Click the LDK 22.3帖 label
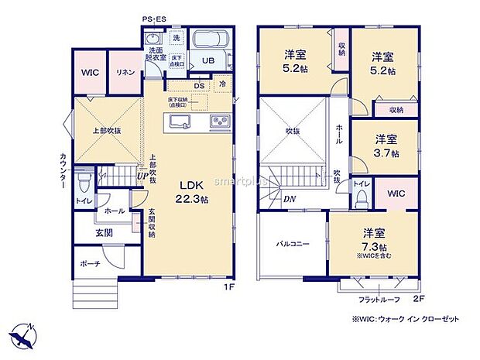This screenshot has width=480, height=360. coord(191,191)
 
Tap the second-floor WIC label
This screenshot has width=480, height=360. coord(395,194)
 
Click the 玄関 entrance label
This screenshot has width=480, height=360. coord(105,231)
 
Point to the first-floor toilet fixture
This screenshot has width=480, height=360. coord(84,182)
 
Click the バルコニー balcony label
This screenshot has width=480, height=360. coord(293,244)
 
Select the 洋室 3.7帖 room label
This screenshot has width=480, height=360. coord(386,146)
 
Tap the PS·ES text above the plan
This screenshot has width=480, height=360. coord(154,19)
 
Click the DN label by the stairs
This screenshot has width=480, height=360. coord(288,199)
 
